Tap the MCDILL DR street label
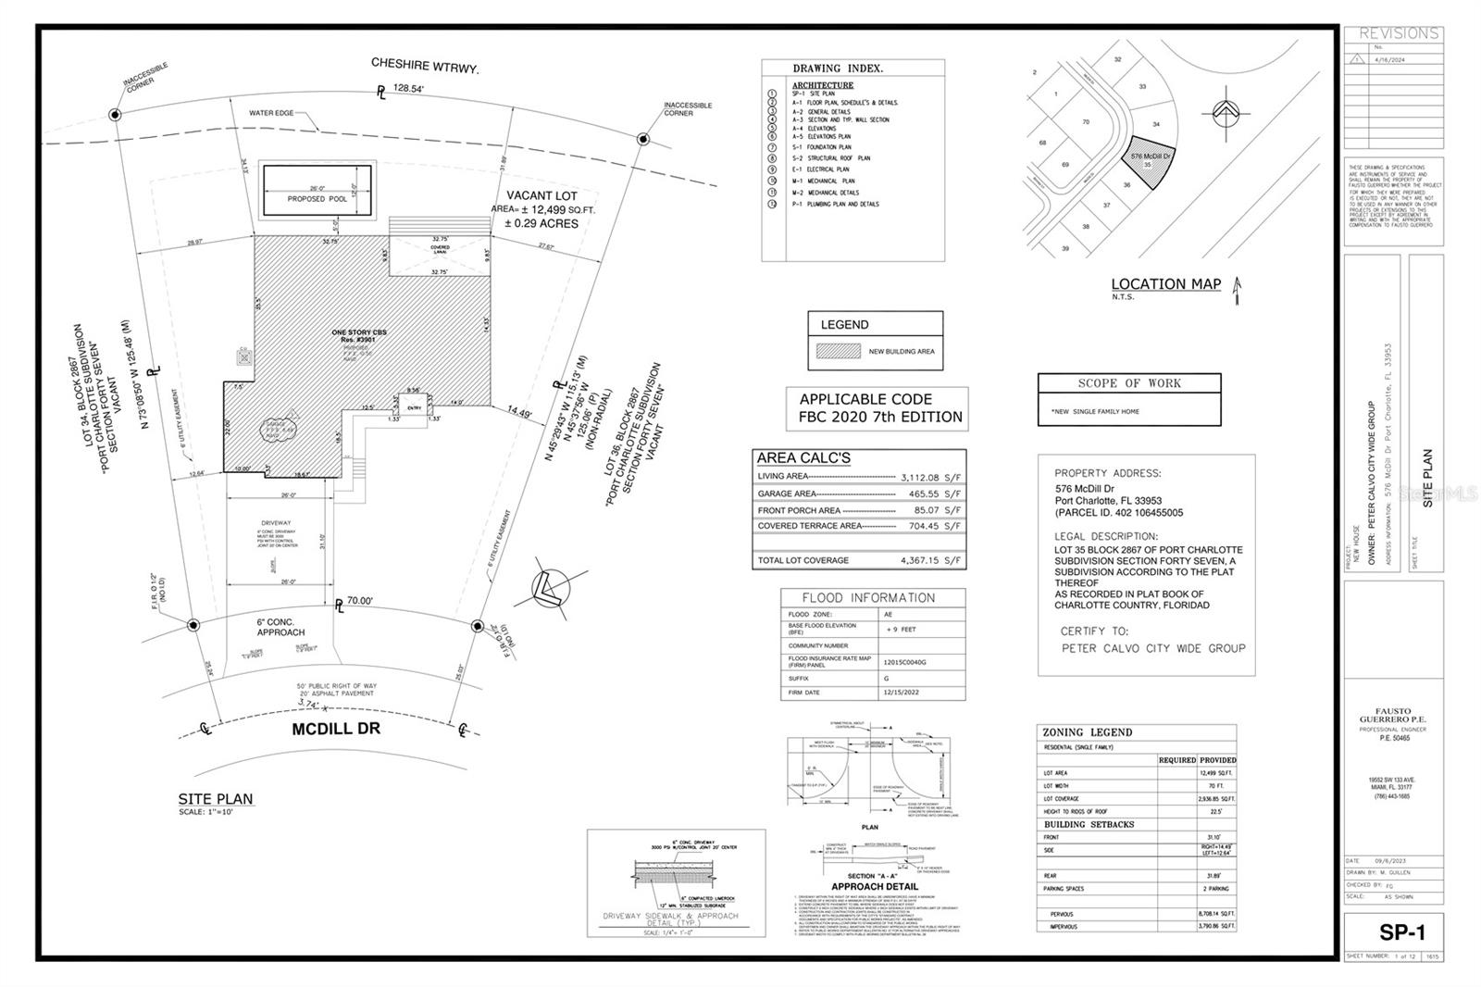(x=336, y=729)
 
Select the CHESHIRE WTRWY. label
(x=425, y=64)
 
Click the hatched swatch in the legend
(x=837, y=352)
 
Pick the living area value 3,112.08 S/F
(x=931, y=478)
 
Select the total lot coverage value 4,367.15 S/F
(x=931, y=560)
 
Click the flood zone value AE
(x=888, y=614)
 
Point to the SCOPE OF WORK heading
(x=1129, y=383)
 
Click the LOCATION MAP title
(x=1165, y=284)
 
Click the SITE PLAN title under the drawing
(x=216, y=799)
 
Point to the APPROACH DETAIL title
(x=874, y=886)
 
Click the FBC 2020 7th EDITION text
(x=880, y=417)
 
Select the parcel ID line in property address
(x=1118, y=513)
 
